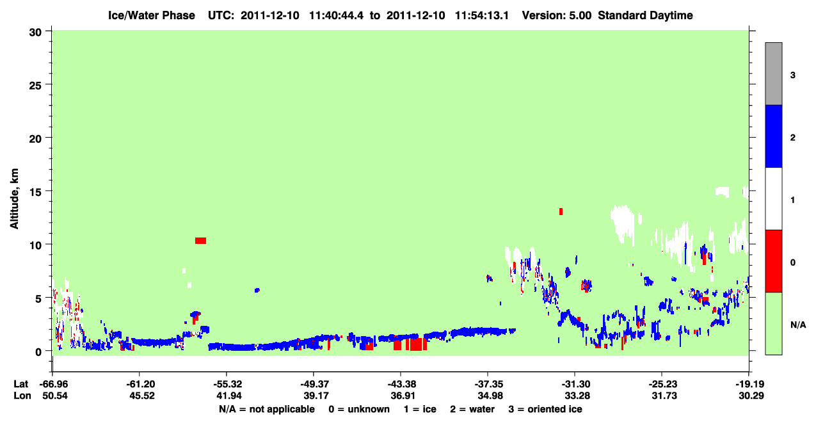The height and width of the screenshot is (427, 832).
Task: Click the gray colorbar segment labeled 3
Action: (x=773, y=74)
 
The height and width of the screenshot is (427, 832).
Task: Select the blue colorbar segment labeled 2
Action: (x=773, y=136)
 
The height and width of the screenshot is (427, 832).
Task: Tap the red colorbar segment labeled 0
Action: (x=773, y=261)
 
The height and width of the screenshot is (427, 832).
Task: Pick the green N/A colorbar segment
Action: (x=773, y=323)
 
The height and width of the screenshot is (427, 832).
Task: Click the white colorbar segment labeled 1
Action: (x=773, y=198)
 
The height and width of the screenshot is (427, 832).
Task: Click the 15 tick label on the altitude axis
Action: (x=35, y=191)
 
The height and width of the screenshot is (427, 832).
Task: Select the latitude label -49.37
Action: (x=314, y=384)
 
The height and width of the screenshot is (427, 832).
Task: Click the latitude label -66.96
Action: (x=54, y=384)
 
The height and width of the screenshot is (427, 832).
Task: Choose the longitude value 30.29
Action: (x=751, y=396)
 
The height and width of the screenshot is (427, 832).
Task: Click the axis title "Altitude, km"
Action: (x=14, y=198)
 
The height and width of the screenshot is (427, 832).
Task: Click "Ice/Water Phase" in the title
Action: (x=152, y=15)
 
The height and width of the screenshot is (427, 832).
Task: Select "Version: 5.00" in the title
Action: (x=556, y=15)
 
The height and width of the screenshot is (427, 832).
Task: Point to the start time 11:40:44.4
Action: (x=336, y=15)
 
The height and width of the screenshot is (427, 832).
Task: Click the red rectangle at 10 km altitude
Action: (x=200, y=241)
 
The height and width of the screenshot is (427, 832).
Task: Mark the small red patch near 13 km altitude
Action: (x=561, y=211)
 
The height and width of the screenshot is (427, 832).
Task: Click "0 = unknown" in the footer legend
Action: (x=359, y=409)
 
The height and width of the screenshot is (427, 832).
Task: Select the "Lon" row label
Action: (x=22, y=396)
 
